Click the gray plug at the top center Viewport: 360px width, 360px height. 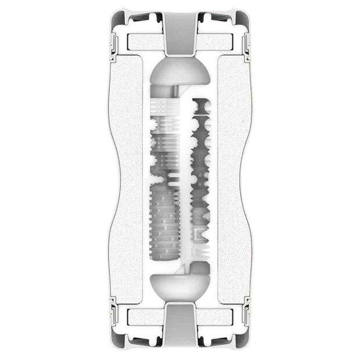pos(179,32)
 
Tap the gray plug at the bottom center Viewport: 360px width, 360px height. pos(179,329)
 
